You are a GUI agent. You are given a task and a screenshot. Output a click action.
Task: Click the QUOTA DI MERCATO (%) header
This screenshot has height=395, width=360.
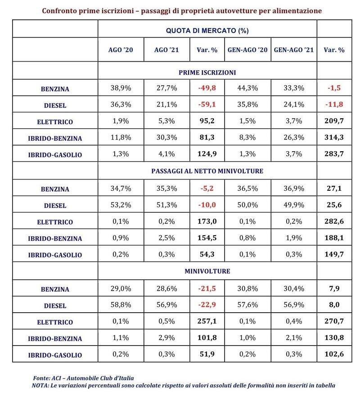coord(207,31)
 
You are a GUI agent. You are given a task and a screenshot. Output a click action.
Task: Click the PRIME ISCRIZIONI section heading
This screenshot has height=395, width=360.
coord(207,72)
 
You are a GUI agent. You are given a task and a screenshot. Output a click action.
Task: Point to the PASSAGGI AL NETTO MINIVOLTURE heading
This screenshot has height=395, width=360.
coord(207,171)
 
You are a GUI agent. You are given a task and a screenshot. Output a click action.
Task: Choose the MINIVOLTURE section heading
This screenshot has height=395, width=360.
coord(207,271)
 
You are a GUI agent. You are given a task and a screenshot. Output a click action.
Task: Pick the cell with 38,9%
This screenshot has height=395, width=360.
coord(120,88)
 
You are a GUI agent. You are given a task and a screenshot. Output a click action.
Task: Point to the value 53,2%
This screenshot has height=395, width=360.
coord(120,205)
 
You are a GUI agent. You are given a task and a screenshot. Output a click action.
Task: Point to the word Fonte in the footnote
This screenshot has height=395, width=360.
coord(42,378)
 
